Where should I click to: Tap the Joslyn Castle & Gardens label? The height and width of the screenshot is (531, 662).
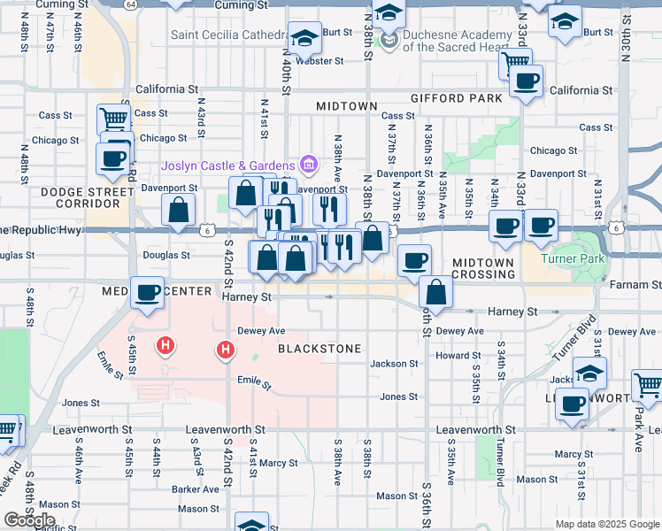tap(227, 165)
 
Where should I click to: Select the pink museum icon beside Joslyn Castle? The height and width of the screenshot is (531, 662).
tap(308, 164)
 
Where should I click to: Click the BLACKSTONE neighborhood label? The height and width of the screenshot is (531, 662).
tap(319, 349)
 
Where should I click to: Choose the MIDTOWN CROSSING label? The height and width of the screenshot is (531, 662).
tap(483, 268)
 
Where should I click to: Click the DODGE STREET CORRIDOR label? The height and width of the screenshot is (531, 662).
tap(86, 197)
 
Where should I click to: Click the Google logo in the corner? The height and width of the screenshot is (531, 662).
tap(28, 519)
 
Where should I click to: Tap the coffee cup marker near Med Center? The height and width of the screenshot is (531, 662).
tap(148, 291)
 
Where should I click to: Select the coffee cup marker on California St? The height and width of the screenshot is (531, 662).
tap(526, 81)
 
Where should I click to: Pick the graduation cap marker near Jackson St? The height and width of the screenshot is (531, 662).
tap(589, 372)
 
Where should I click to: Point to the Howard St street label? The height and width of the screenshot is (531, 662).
tap(458, 356)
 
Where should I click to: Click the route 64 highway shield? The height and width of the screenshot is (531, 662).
tap(130, 4)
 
